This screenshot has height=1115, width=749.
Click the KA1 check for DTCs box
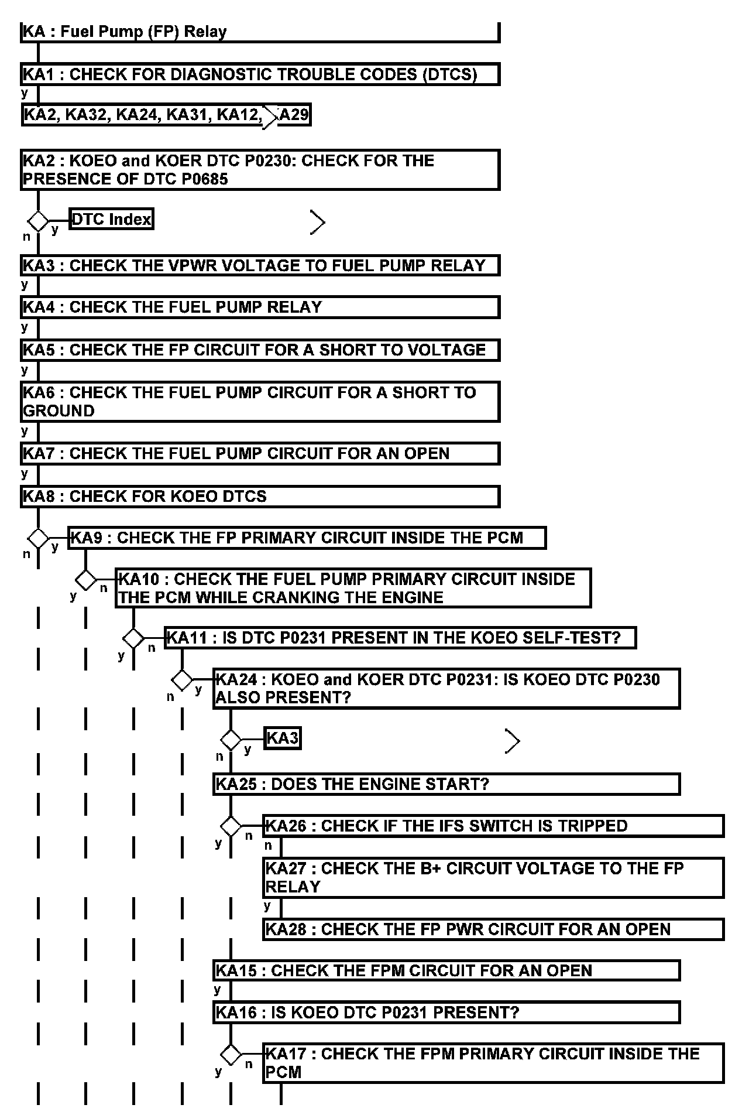[260, 74]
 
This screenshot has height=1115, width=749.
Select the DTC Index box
[111, 219]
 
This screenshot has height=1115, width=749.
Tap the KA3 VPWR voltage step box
[260, 265]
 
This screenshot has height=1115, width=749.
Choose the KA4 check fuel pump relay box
[260, 307]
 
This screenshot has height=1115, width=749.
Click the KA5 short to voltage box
[260, 350]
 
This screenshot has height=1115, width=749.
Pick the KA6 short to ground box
[260, 401]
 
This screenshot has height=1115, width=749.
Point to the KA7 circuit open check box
[260, 454]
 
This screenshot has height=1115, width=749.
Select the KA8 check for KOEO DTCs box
[260, 497]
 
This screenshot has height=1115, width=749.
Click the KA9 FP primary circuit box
[307, 538]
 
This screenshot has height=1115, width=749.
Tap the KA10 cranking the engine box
[353, 588]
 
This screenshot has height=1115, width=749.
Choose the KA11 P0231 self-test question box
[400, 637]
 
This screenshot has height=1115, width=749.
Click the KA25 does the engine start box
[446, 784]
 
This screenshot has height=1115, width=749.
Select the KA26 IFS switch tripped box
[493, 826]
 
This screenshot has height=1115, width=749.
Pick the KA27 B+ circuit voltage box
[493, 877]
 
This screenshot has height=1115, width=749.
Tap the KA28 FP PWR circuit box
[493, 929]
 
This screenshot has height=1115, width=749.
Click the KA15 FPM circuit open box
[446, 971]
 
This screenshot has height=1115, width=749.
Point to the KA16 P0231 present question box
[446, 1013]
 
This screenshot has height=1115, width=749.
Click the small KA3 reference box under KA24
[283, 738]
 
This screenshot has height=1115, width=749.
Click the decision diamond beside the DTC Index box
[39, 221]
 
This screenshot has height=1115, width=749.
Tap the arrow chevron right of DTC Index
[317, 222]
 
